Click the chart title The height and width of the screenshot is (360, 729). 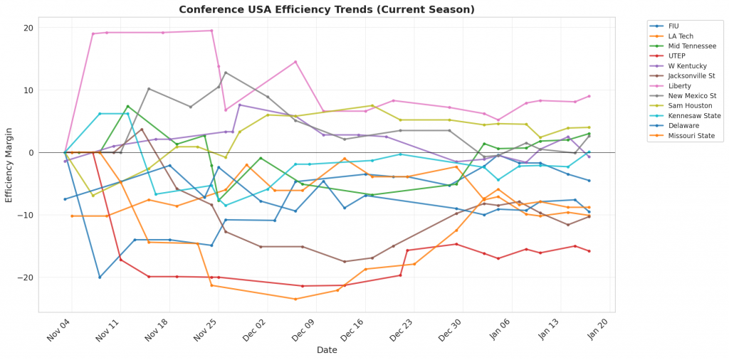[326, 9]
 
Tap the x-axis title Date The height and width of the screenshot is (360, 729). [326, 350]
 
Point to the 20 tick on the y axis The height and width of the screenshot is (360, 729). [29, 28]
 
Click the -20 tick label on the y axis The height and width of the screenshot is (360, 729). [26, 277]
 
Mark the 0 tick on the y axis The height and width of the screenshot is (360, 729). [31, 152]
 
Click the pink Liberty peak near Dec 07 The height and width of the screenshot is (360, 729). [295, 62]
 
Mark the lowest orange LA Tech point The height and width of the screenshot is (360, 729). [295, 299]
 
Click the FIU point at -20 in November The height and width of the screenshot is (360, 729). [100, 277]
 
